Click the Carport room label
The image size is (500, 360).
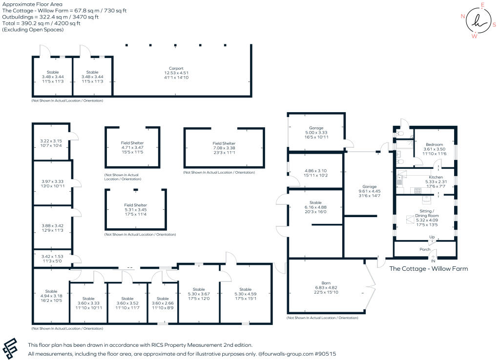(x=176, y=68)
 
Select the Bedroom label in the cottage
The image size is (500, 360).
(x=434, y=145)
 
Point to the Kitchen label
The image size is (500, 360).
(x=436, y=177)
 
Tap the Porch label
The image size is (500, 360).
(x=425, y=250)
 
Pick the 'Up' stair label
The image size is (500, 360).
(x=432, y=237)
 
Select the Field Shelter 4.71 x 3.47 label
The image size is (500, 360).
(x=132, y=143)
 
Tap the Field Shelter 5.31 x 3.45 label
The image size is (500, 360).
(x=135, y=205)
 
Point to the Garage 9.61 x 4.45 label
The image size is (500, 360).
(x=369, y=187)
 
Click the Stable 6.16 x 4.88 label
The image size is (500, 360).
(x=315, y=202)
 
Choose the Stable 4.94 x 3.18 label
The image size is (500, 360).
(x=51, y=291)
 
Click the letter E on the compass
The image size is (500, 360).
(x=482, y=5)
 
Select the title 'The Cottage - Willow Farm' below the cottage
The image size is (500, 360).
(x=428, y=269)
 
